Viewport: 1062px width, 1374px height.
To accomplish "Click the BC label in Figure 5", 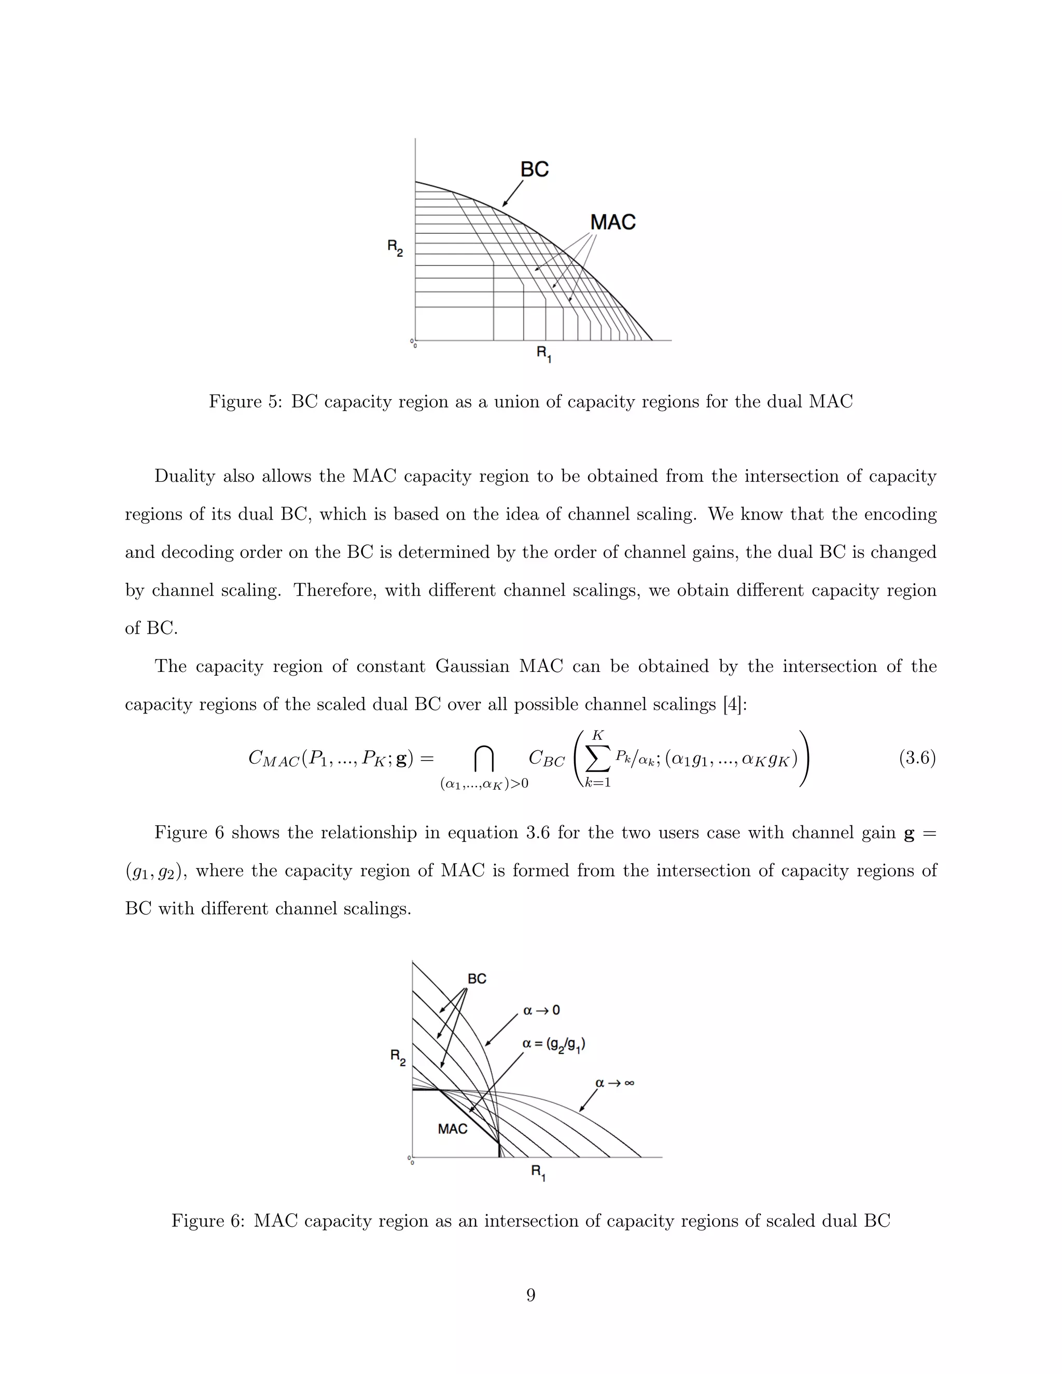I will [x=534, y=169].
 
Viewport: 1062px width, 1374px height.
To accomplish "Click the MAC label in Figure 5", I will [x=612, y=222].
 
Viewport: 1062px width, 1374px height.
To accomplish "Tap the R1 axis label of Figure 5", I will [x=543, y=354].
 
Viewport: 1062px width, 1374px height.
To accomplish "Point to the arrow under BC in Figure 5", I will [x=513, y=194].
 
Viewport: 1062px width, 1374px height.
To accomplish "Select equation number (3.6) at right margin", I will [x=917, y=758].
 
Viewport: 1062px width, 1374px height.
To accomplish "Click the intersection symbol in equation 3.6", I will [x=483, y=759].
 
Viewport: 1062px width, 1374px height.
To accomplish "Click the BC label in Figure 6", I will [x=477, y=979].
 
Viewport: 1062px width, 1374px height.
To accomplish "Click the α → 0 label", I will [x=541, y=1011].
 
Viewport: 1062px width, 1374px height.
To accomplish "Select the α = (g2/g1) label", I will [x=554, y=1044].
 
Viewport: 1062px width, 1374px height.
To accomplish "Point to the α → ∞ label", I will [x=614, y=1083].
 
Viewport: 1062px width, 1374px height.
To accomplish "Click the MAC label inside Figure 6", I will [x=452, y=1129].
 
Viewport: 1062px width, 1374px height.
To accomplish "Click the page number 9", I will [x=530, y=1295].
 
